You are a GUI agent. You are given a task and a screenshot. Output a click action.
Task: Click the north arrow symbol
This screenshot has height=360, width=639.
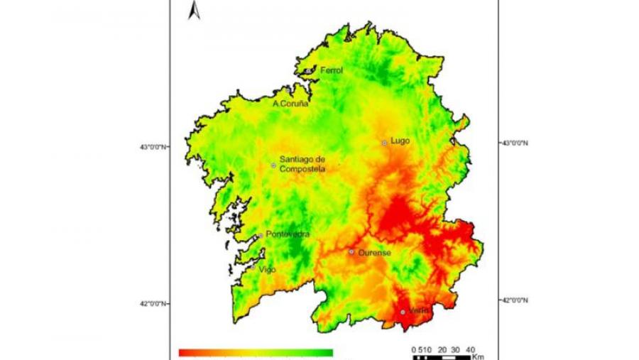pyautogui.click(x=194, y=11)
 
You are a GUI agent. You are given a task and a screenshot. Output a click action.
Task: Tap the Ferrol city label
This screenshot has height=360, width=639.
pyautogui.click(x=332, y=70)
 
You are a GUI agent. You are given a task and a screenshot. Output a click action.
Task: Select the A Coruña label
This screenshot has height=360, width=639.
pyautogui.click(x=290, y=104)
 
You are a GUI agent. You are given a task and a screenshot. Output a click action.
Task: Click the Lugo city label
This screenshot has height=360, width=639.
pyautogui.click(x=400, y=141)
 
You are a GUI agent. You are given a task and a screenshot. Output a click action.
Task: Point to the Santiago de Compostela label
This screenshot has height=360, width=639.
pyautogui.click(x=302, y=164)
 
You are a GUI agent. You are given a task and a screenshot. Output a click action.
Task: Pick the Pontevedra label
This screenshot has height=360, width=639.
pyautogui.click(x=288, y=234)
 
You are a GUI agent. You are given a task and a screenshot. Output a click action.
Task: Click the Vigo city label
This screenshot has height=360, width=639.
pyautogui.click(x=267, y=270)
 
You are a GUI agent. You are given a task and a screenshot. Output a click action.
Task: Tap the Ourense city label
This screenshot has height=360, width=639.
pyautogui.click(x=374, y=252)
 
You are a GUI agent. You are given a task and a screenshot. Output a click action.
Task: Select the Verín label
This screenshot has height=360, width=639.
pyautogui.click(x=419, y=310)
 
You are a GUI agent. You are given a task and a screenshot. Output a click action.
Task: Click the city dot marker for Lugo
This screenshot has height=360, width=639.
pyautogui.click(x=385, y=143)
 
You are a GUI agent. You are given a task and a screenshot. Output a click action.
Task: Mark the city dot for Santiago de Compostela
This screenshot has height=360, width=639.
pyautogui.click(x=273, y=165)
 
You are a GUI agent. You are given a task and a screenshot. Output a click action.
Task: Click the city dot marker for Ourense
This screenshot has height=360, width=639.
pyautogui.click(x=351, y=251)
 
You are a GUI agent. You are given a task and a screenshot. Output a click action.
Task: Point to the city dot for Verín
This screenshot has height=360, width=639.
pyautogui.click(x=403, y=312)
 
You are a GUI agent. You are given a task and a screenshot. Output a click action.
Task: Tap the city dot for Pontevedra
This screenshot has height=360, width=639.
pyautogui.click(x=261, y=236)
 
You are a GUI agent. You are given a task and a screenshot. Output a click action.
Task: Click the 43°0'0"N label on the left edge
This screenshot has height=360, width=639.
pyautogui.click(x=154, y=147)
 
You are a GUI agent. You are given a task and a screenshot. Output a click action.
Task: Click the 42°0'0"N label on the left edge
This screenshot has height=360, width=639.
pyautogui.click(x=154, y=304)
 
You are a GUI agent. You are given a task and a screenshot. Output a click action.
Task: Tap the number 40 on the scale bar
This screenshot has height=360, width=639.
pyautogui.click(x=470, y=349)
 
